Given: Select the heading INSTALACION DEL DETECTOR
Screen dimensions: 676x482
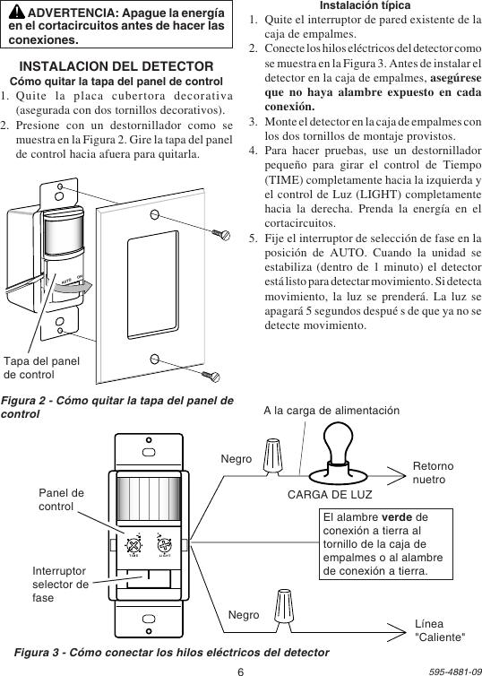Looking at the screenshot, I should [116, 66].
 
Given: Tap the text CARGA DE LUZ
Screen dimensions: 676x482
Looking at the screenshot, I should [331, 494].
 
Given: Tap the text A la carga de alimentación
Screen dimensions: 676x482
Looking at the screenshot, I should [331, 410].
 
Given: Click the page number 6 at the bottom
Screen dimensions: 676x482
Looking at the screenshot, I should [241, 668].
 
